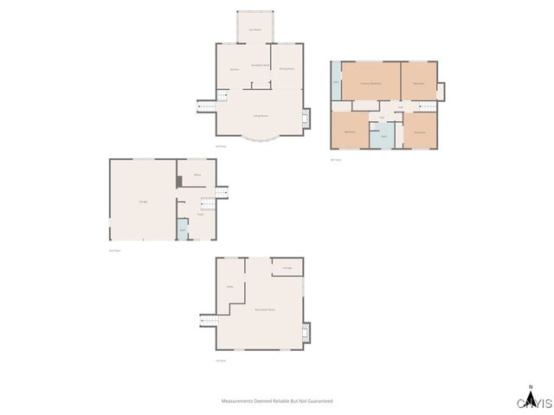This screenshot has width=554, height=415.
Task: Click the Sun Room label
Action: tap(255, 29)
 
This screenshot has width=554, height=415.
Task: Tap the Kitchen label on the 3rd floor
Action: tap(234, 69)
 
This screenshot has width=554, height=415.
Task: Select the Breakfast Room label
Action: tap(257, 66)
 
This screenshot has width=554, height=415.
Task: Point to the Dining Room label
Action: tap(287, 68)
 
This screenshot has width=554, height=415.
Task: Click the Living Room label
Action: tap(259, 115)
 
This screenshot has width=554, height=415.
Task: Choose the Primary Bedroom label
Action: tap(371, 83)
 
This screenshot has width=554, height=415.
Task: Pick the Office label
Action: tap(197, 176)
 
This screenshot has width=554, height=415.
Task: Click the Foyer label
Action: tap(199, 214)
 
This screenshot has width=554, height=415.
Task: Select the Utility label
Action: tap(230, 287)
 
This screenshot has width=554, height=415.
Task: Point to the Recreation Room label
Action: tap(265, 309)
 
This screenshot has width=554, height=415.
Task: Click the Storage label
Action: tap(287, 268)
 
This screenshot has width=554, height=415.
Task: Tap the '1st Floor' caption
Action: tap(221, 361)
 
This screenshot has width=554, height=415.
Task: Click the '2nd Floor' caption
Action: tap(113, 251)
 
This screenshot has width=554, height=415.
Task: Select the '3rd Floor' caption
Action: tap(221, 146)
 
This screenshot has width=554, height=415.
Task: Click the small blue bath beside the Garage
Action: tap(182, 230)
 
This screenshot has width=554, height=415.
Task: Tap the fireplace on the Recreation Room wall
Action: tap(305, 332)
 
